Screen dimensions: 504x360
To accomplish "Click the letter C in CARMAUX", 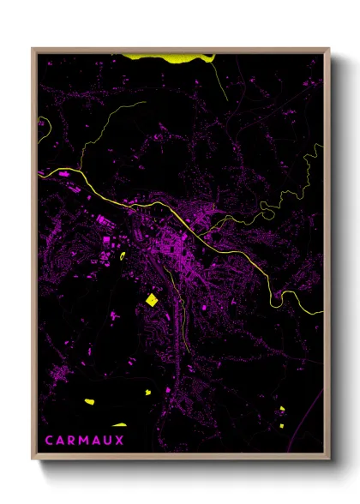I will pos(49,440).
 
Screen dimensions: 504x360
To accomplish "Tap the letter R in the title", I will pos(75,440).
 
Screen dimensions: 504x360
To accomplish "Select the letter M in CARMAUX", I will pos(88,440).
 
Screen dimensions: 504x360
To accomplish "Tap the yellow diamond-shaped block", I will pos(153,299).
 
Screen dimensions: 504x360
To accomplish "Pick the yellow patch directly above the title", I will pos(117,424).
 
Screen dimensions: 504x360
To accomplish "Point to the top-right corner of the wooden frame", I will pos(328,50).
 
